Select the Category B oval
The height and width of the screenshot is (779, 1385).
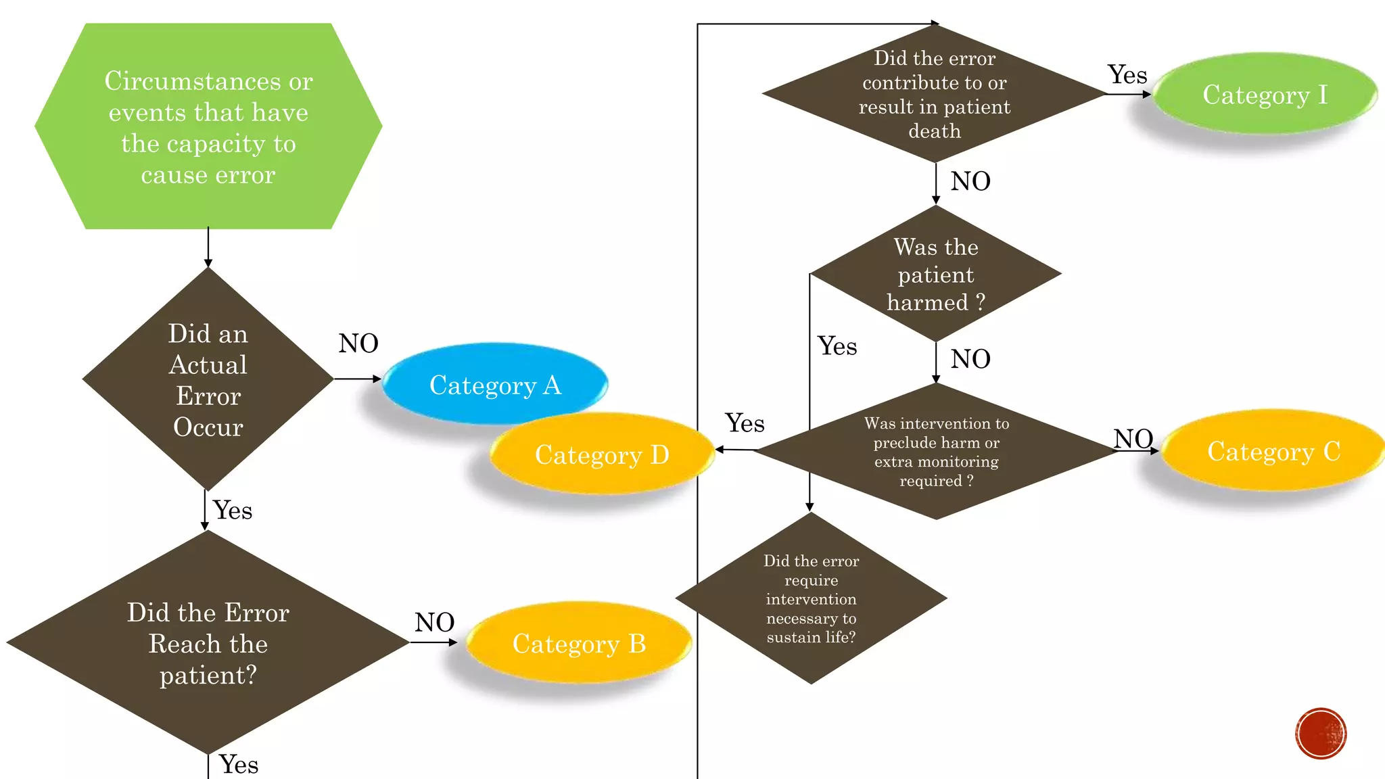pyautogui.click(x=579, y=643)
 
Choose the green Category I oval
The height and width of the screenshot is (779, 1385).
pyautogui.click(x=1265, y=94)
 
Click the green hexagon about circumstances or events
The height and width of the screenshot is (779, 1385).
pyautogui.click(x=208, y=126)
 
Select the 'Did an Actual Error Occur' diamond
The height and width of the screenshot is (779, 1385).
pyautogui.click(x=208, y=379)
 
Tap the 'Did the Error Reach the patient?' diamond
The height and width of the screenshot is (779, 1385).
pyautogui.click(x=208, y=642)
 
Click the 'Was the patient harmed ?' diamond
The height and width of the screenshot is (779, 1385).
pyautogui.click(x=936, y=274)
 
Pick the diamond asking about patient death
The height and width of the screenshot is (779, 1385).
pyautogui.click(x=935, y=94)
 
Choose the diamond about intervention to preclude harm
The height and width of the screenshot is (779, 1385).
pyautogui.click(x=936, y=451)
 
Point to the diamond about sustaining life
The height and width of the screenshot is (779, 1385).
pyautogui.click(x=811, y=598)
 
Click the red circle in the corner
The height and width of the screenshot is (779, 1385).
pyautogui.click(x=1321, y=734)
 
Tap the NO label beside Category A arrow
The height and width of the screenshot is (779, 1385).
pyautogui.click(x=358, y=344)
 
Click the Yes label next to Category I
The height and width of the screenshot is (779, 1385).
pyautogui.click(x=1127, y=74)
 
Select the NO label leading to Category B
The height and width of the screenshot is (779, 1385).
pyautogui.click(x=434, y=622)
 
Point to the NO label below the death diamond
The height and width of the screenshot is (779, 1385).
pyautogui.click(x=970, y=181)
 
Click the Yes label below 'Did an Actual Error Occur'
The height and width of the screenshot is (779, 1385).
pyautogui.click(x=233, y=510)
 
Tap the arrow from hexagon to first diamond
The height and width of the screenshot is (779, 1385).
pyautogui.click(x=208, y=247)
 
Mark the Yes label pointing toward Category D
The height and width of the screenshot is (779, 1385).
pyautogui.click(x=745, y=423)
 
